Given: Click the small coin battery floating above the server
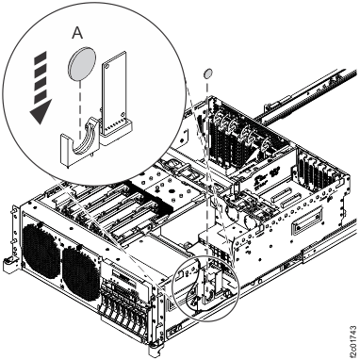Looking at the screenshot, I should [x=207, y=74].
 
